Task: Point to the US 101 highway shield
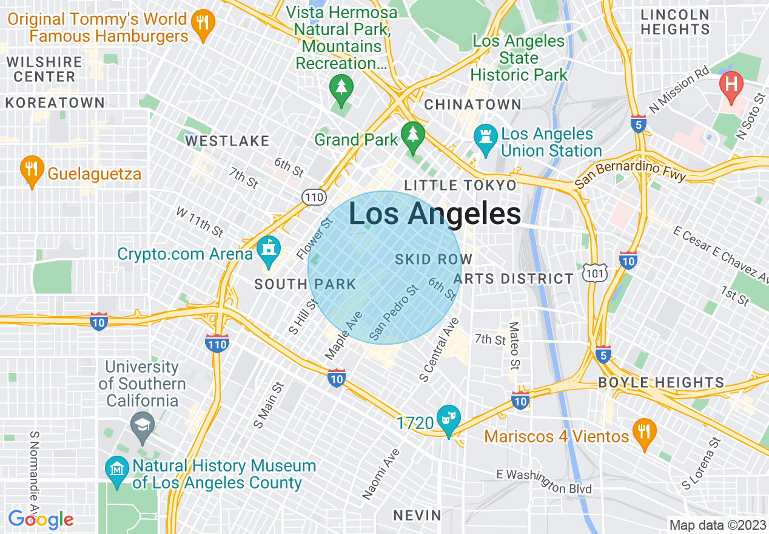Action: point(592,272)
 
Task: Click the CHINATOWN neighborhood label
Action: point(472,104)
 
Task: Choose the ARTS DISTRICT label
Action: point(513,279)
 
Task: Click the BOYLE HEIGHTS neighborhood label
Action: point(661,382)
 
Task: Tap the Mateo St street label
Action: point(514,346)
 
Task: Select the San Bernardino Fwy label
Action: point(630,173)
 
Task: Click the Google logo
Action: point(41,519)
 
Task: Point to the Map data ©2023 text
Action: point(717,525)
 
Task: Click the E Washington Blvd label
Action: point(543,481)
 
